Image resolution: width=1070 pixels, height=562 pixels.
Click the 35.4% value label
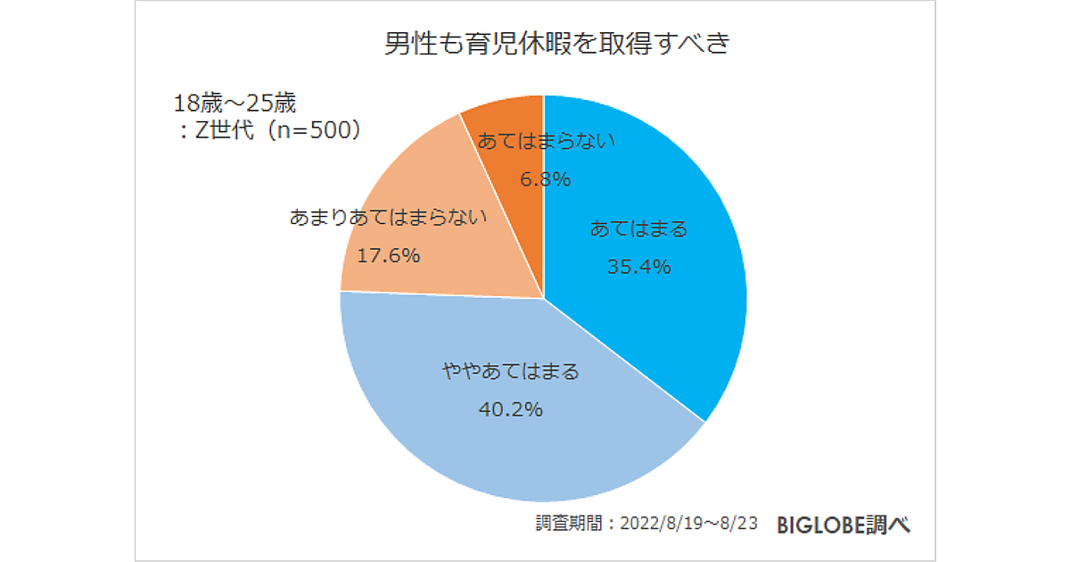(638, 266)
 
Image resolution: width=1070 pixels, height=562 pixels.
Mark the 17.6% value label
(388, 255)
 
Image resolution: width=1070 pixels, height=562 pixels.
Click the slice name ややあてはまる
(511, 371)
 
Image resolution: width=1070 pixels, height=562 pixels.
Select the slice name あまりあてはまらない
(388, 217)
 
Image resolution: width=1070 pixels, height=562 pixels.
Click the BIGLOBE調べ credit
(844, 525)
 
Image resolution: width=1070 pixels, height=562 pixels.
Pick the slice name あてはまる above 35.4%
(638, 229)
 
